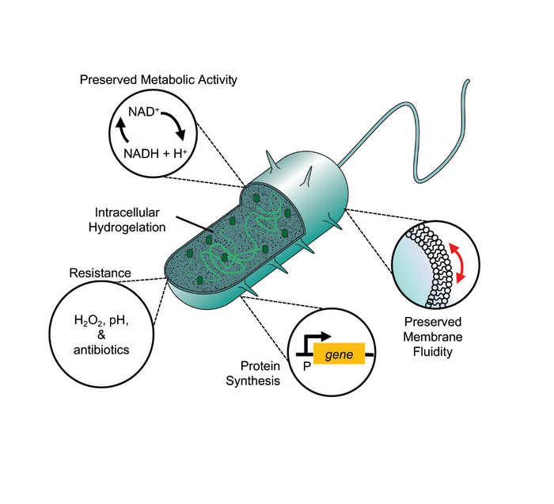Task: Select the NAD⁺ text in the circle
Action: [x=144, y=113]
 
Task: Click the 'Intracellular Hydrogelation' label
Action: [x=128, y=220]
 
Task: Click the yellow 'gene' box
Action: [x=339, y=353]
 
